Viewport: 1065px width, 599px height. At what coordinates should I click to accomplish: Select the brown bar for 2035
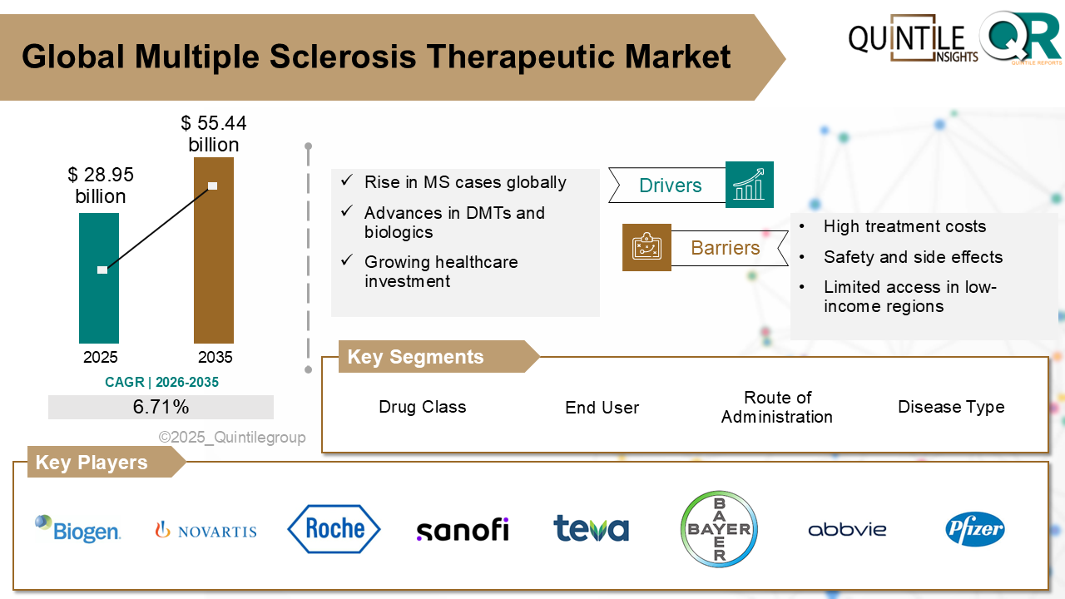(x=214, y=275)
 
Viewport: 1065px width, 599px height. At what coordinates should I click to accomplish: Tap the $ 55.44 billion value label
(x=214, y=134)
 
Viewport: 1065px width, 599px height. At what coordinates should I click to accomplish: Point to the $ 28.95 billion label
(x=101, y=186)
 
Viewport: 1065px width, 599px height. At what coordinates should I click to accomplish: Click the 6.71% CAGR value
(x=161, y=407)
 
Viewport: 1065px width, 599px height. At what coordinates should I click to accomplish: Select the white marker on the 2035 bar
(x=212, y=186)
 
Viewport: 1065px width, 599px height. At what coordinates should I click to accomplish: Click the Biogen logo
(x=78, y=528)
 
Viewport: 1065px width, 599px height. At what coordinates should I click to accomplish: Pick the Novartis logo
(x=206, y=530)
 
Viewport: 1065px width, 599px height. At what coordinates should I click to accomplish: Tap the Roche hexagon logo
(x=334, y=529)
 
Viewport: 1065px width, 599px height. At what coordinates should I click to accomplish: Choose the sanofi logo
(x=462, y=529)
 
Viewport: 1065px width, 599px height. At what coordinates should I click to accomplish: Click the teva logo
(x=591, y=529)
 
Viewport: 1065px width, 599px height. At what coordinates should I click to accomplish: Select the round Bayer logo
(x=719, y=529)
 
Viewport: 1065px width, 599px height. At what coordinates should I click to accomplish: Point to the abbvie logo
(x=847, y=529)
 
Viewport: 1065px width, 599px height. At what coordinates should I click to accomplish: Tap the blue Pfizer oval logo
(x=974, y=529)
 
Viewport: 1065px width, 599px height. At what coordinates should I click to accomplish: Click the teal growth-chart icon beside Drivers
(x=749, y=185)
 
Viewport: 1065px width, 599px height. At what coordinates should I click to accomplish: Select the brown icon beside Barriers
(x=646, y=247)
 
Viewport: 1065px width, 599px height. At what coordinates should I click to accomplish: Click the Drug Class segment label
(x=422, y=407)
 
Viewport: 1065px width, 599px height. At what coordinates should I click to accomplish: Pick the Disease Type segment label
(x=951, y=407)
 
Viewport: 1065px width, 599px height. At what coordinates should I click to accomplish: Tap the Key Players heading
(x=92, y=463)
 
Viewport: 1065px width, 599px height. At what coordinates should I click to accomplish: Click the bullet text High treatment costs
(x=904, y=226)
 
